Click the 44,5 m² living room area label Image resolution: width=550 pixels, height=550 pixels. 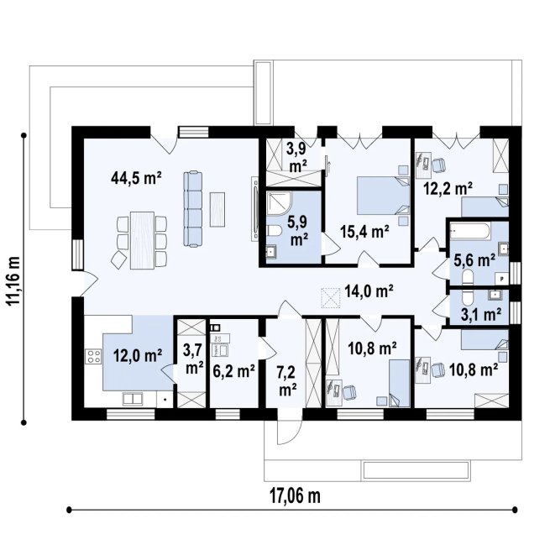[136, 178]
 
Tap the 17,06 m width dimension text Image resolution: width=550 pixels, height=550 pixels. [295, 496]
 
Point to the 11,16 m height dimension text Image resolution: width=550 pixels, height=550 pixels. [14, 280]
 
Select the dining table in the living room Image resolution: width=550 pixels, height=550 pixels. [142, 240]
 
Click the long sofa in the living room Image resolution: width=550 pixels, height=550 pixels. [193, 209]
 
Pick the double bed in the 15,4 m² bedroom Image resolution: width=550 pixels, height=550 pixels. [383, 196]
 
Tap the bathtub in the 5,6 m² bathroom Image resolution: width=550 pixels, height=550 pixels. [470, 231]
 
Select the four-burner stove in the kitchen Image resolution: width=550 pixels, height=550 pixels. [93, 356]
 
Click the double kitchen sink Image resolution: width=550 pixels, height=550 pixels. [132, 399]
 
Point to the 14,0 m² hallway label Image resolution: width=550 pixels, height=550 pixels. [369, 291]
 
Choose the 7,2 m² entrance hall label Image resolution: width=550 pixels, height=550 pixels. [288, 380]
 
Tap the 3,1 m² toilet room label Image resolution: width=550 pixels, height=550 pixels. [480, 314]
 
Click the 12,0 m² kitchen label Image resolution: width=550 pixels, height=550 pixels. [138, 356]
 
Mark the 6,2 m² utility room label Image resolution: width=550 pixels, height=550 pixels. [234, 371]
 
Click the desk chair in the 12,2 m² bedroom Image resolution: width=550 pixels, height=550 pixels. [438, 165]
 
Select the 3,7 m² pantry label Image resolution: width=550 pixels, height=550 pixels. [194, 359]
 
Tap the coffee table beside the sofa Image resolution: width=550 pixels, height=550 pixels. [217, 209]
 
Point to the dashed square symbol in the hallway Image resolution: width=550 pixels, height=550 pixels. [331, 298]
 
